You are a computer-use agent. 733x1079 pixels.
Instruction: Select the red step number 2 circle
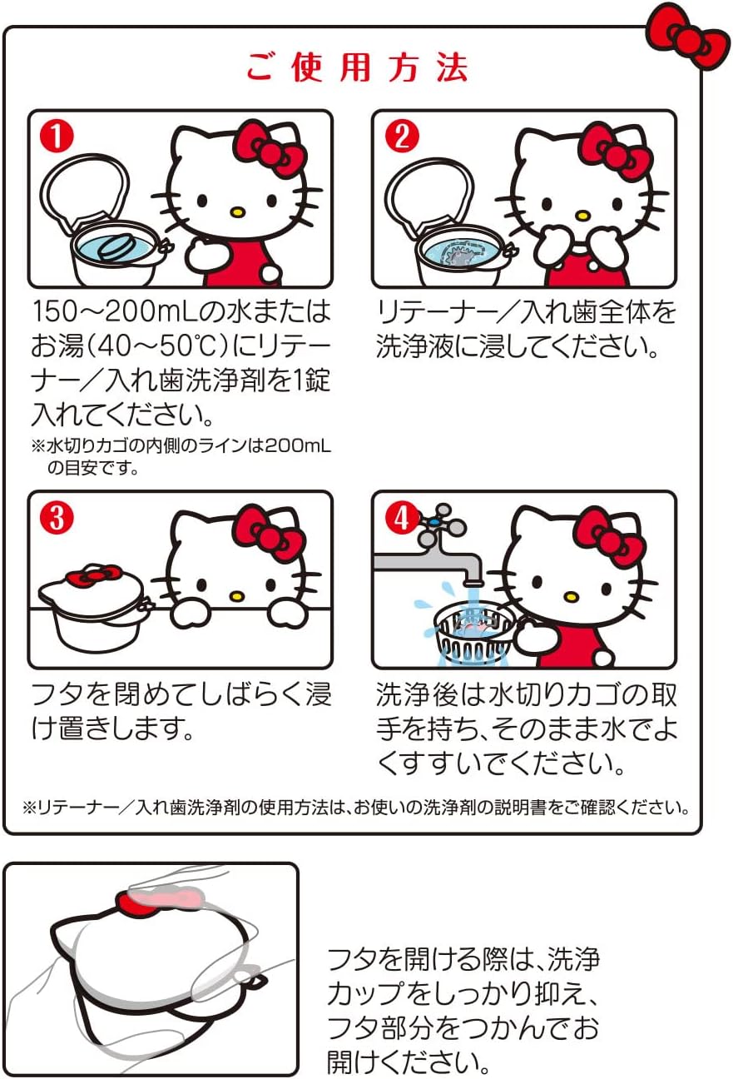[401, 137]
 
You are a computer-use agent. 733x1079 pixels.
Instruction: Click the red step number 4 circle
[401, 518]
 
